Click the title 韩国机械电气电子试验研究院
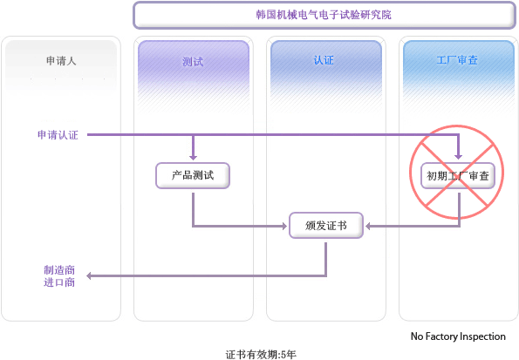[324, 15]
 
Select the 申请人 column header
[61, 60]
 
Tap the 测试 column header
[193, 62]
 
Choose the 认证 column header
[324, 60]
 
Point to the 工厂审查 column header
[457, 60]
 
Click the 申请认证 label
[58, 135]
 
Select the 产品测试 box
[193, 175]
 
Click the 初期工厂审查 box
[458, 176]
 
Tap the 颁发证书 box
[326, 226]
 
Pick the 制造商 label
[59, 270]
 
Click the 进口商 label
[59, 282]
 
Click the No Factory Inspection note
[458, 336]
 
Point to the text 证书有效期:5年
[261, 355]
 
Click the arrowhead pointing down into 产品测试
[193, 157]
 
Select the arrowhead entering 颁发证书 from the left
[284, 226]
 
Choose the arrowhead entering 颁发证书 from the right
[368, 226]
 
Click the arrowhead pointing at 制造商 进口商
[89, 275]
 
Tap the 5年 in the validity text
[289, 355]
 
